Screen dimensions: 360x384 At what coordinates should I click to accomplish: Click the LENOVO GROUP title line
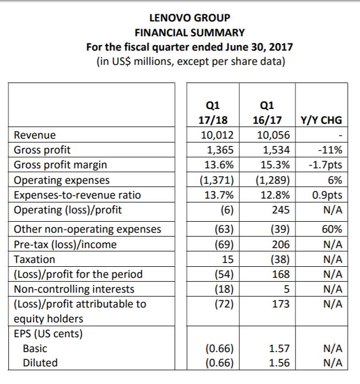(190, 18)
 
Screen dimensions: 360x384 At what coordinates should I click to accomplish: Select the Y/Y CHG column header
(321, 120)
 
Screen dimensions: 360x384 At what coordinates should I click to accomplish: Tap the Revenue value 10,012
(217, 135)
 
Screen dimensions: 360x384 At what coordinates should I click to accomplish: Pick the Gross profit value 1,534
(276, 150)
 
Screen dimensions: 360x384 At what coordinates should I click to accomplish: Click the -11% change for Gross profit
(330, 150)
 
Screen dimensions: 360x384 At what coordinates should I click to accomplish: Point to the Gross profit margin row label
(61, 165)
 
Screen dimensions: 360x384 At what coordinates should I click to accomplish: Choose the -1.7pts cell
(325, 165)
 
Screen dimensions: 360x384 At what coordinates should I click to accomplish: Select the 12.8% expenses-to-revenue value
(275, 195)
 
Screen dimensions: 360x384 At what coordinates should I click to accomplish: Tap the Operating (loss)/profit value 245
(281, 210)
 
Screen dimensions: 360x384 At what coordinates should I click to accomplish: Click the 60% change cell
(332, 229)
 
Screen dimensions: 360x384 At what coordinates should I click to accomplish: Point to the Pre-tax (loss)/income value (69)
(224, 244)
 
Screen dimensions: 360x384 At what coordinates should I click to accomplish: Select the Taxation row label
(34, 259)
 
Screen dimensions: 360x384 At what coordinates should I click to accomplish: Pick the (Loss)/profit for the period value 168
(281, 275)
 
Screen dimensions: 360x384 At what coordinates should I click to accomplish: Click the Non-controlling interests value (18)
(224, 289)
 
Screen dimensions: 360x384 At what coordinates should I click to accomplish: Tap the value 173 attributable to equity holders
(281, 304)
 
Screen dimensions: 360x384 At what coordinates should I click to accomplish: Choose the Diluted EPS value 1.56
(280, 363)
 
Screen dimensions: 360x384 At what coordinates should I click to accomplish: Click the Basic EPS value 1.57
(280, 348)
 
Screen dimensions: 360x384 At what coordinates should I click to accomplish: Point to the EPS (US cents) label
(48, 334)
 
